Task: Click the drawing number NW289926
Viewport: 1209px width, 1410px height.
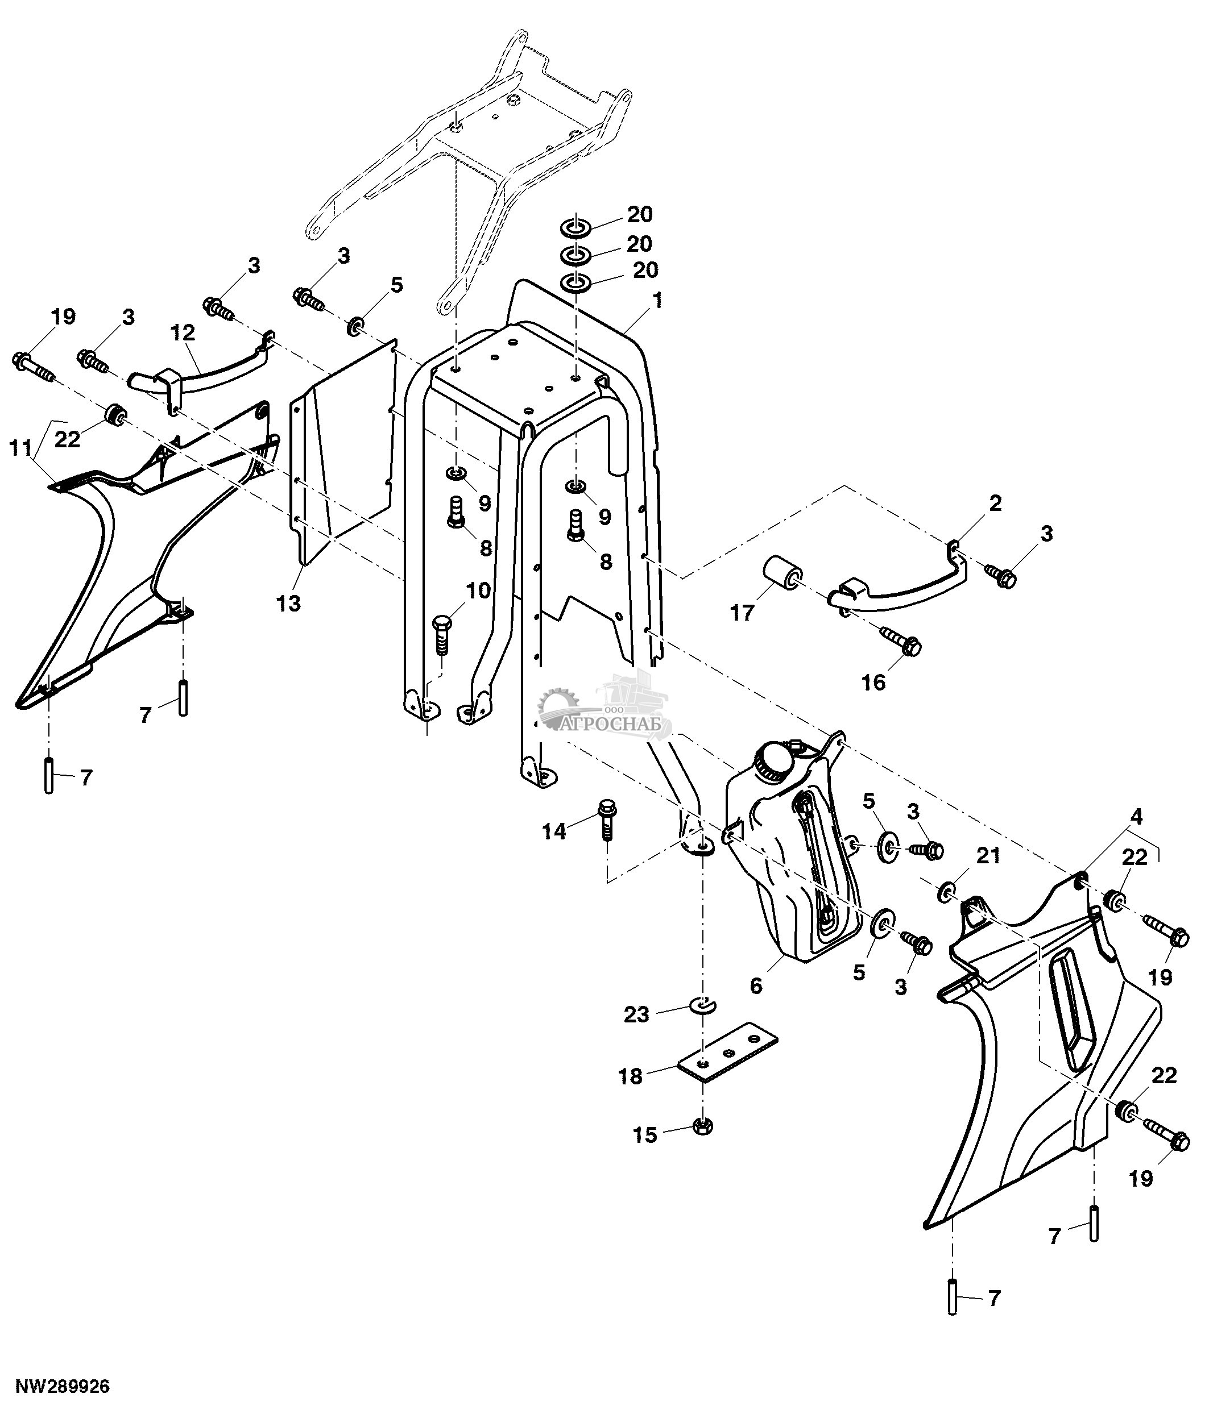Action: click(63, 1386)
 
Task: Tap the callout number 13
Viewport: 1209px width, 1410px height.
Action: click(289, 603)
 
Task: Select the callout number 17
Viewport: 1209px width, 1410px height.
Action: click(742, 613)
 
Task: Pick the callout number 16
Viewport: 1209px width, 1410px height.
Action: click(873, 682)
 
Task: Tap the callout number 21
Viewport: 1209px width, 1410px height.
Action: click(988, 855)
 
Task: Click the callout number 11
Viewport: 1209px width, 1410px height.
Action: click(20, 448)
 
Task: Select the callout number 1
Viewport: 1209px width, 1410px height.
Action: click(657, 300)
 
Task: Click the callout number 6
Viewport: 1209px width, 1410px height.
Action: click(756, 985)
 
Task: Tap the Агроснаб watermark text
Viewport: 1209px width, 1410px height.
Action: click(616, 725)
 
